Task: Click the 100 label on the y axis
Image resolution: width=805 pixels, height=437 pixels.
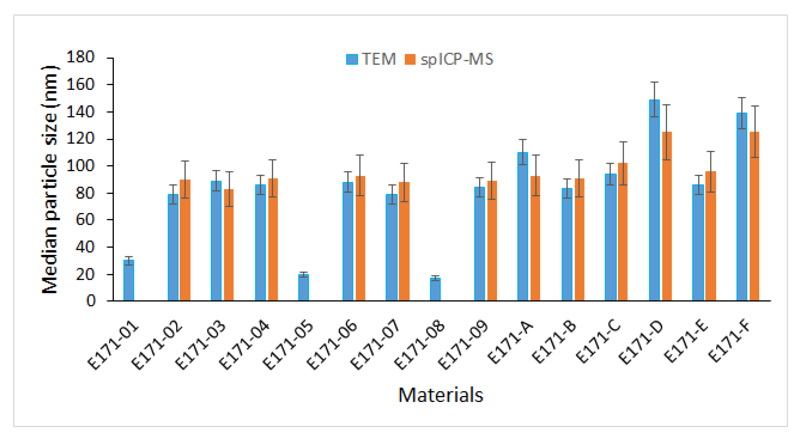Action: coord(80,166)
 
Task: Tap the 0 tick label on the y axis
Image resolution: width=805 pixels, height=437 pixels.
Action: coord(91,301)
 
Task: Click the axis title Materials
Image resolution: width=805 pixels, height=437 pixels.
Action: coord(441,395)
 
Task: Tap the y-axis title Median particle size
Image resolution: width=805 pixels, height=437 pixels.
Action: coord(50,180)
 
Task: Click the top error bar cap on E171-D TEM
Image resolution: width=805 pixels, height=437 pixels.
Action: coord(654,82)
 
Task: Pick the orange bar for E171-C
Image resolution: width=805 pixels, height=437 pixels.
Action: coord(623,232)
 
